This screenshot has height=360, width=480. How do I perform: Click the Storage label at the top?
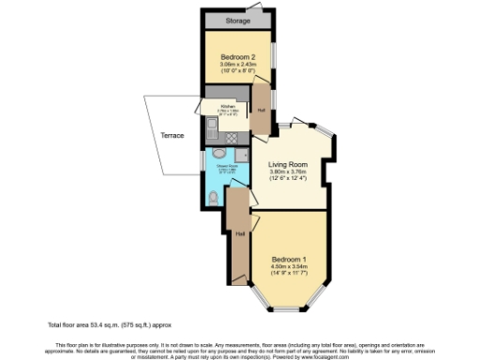[236, 21]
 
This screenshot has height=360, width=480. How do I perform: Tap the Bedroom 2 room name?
[236, 57]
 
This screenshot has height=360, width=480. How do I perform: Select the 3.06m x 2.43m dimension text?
[236, 65]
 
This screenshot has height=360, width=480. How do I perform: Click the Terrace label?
[172, 136]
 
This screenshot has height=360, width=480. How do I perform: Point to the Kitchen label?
[228, 107]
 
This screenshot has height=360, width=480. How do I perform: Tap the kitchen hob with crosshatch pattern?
[243, 137]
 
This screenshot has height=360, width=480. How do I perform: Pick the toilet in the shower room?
[216, 196]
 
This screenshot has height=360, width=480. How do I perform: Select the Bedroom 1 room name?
[290, 258]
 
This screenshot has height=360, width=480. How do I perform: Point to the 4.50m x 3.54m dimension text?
[290, 265]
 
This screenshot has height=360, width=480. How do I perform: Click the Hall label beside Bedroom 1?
[241, 233]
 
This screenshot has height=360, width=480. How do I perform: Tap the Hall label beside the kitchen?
[262, 111]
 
